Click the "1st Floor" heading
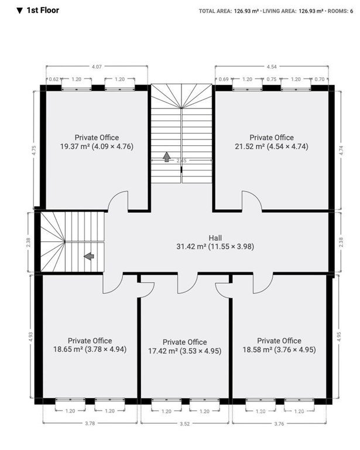pyautogui.click(x=43, y=11)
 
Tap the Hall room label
pyautogui.click(x=215, y=242)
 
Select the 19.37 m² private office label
pyautogui.click(x=97, y=142)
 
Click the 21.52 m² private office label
pyautogui.click(x=272, y=142)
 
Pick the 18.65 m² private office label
pyautogui.click(x=90, y=345)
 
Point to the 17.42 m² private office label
pyautogui.click(x=185, y=346)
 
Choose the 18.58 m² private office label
pyautogui.click(x=279, y=345)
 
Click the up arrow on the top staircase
pyautogui.click(x=166, y=157)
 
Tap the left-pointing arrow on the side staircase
pyautogui.click(x=89, y=256)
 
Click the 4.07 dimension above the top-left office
pyautogui.click(x=97, y=67)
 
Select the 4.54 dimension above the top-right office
pyautogui.click(x=272, y=67)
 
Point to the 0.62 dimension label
pyautogui.click(x=54, y=79)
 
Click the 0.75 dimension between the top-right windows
pyautogui.click(x=272, y=79)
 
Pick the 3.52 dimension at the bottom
pyautogui.click(x=185, y=424)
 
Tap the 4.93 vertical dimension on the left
pyautogui.click(x=31, y=337)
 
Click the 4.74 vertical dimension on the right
pyautogui.click(x=341, y=151)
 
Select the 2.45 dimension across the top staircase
pyautogui.click(x=181, y=161)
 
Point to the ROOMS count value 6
pyautogui.click(x=351, y=11)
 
